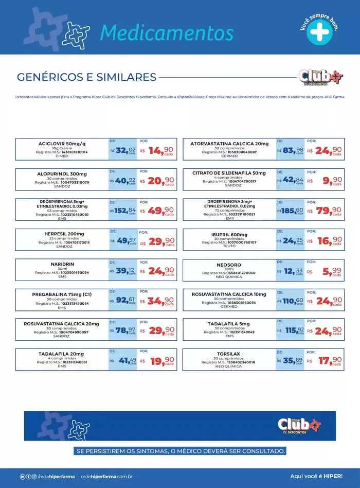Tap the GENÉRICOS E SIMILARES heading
coord(86,77)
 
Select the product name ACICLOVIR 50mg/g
coord(62,143)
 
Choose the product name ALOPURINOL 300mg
coord(62,173)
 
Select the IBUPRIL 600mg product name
coord(229,233)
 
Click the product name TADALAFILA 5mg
coord(229,324)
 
